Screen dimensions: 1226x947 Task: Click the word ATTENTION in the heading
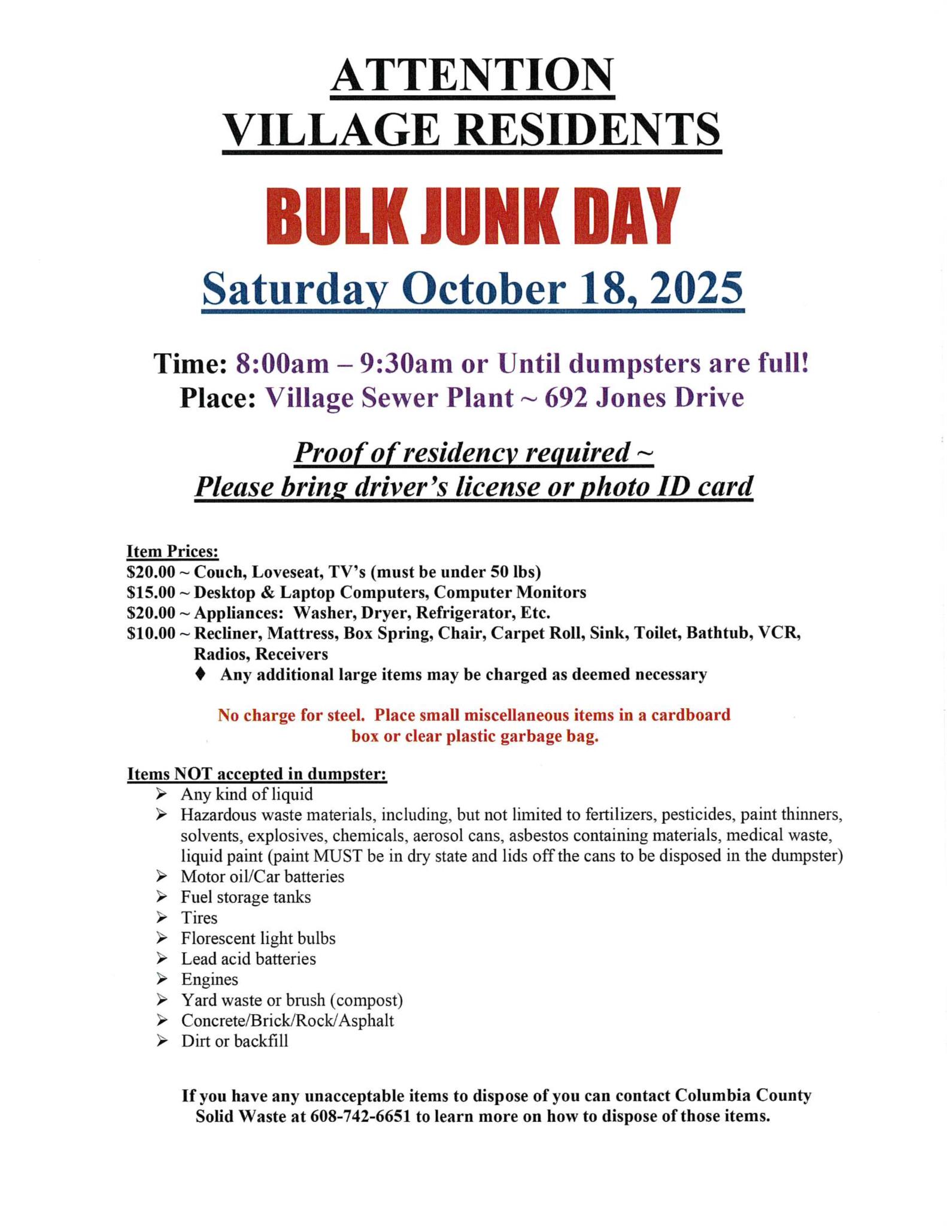[472, 76]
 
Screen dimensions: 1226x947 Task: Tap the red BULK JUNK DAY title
[472, 217]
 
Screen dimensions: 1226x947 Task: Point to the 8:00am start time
[282, 363]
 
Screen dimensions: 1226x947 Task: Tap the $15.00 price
[151, 593]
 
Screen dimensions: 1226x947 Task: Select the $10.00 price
[151, 633]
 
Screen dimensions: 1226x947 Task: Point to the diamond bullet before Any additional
[201, 674]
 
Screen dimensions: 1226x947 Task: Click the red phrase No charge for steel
[292, 715]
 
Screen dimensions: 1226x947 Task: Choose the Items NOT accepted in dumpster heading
[257, 774]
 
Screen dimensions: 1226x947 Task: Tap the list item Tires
[199, 918]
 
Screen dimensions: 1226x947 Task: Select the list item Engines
[210, 979]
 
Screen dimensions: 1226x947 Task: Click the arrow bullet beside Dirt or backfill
[161, 1041]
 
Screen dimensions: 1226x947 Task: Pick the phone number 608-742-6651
[360, 1116]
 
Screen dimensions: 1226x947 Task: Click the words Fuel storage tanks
[246, 897]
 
